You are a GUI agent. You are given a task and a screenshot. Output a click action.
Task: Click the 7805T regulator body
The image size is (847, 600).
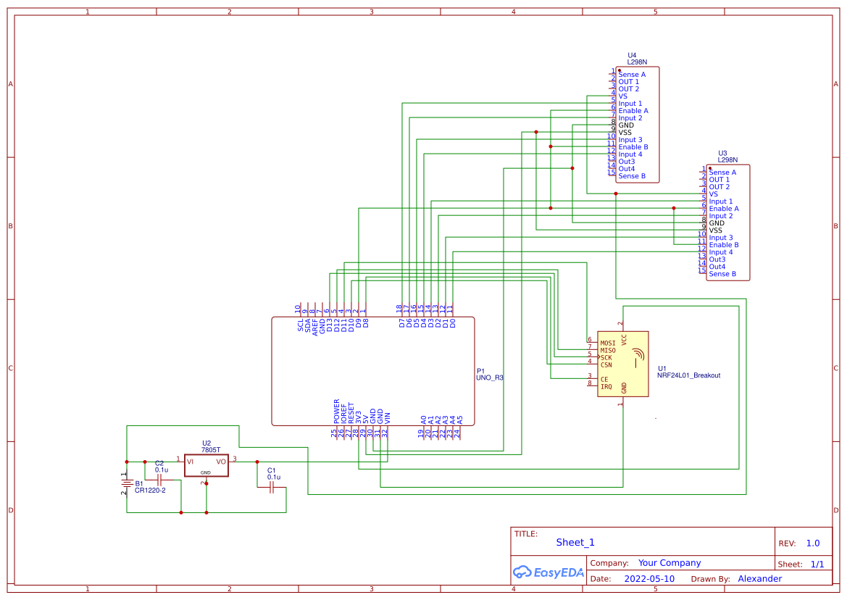[206, 465]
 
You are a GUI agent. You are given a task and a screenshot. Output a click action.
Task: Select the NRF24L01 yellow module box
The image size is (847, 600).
[622, 364]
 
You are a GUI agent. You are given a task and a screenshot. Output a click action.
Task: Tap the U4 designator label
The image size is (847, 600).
[632, 55]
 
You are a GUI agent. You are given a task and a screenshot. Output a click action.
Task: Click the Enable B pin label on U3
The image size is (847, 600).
[723, 245]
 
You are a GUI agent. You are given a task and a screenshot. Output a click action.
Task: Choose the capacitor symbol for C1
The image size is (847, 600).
[272, 488]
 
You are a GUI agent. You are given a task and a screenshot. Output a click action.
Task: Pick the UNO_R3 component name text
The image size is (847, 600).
[489, 378]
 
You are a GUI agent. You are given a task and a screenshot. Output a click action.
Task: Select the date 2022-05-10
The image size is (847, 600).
[648, 579]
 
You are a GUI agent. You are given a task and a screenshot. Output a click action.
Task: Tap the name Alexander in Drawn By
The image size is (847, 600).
[759, 579]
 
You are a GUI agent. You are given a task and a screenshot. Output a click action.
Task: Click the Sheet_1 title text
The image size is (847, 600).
[575, 542]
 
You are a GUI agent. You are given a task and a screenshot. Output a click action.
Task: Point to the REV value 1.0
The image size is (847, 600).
[812, 543]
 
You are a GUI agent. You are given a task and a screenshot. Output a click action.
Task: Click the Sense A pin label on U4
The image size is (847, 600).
[631, 75]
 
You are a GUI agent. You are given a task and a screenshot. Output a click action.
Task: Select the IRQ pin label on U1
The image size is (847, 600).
[606, 386]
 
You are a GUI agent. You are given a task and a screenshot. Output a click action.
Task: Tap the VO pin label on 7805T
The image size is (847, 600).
[221, 461]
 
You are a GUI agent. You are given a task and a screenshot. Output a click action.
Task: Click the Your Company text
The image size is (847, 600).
[669, 563]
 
